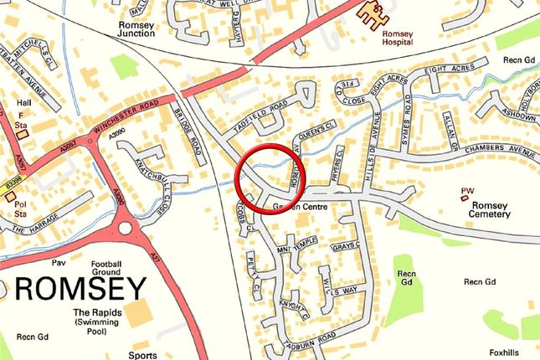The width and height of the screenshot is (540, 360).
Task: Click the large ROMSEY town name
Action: pyautogui.click(x=80, y=290)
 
